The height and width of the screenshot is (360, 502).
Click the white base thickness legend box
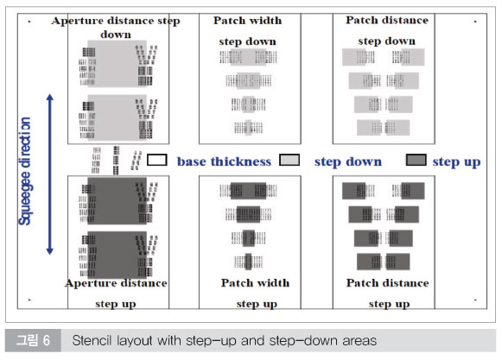tap(157, 160)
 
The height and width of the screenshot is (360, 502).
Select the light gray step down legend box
tap(289, 160)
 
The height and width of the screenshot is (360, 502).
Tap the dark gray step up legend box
tap(416, 160)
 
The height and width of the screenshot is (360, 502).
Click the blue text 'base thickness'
tap(224, 161)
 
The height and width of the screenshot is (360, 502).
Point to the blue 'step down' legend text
tap(348, 161)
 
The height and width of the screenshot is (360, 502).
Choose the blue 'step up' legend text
tap(456, 162)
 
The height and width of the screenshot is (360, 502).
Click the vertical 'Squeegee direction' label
tap(25, 171)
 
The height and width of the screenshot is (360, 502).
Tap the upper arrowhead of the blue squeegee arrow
tap(49, 98)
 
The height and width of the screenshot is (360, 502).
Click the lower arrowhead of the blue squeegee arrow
tap(49, 251)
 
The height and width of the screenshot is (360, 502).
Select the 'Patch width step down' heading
tap(247, 31)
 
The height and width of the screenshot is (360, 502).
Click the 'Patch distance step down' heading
tap(387, 30)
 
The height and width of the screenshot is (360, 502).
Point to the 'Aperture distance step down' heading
tap(116, 28)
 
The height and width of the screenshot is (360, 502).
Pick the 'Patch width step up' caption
tap(256, 294)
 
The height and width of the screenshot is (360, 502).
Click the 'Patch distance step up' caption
tap(388, 294)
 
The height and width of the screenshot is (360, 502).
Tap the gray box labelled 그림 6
tap(33, 340)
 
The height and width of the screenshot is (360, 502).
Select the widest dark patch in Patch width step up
tap(248, 191)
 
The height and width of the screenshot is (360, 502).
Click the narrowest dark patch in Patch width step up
tap(248, 262)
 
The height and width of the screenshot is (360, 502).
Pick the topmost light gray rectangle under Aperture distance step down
tap(118, 63)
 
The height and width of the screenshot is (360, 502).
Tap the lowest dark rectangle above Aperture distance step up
tap(118, 255)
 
